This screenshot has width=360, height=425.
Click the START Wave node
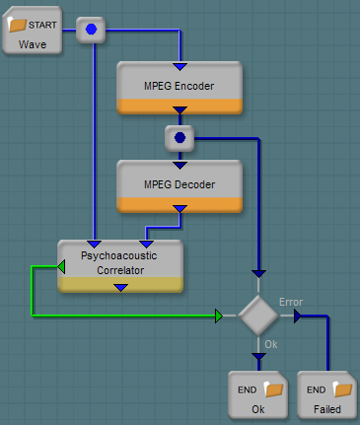click(x=33, y=31)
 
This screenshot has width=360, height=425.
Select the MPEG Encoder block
click(x=180, y=88)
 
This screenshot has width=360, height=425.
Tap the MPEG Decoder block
click(x=180, y=186)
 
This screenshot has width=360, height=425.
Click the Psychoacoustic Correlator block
click(x=120, y=266)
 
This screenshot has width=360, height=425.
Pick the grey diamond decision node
click(x=258, y=316)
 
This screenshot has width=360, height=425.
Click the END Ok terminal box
click(x=258, y=395)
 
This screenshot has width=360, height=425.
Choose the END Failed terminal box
click(x=327, y=395)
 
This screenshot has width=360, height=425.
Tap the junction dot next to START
click(x=91, y=30)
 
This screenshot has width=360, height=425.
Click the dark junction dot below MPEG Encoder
click(x=180, y=138)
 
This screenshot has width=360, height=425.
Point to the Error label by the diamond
click(x=291, y=302)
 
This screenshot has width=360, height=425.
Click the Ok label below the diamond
click(x=271, y=344)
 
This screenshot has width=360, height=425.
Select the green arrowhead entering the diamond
click(x=219, y=316)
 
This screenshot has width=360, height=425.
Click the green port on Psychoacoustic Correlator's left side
click(x=61, y=266)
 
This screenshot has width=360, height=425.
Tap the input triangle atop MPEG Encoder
click(x=180, y=67)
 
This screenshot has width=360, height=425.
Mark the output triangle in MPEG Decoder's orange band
click(x=180, y=209)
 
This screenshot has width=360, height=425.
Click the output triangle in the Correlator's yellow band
click(x=121, y=288)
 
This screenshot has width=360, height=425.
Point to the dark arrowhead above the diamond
click(x=258, y=274)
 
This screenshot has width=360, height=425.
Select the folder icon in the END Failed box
click(x=342, y=390)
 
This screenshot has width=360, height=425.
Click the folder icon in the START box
click(x=17, y=25)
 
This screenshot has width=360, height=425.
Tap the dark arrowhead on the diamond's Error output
click(x=298, y=317)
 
